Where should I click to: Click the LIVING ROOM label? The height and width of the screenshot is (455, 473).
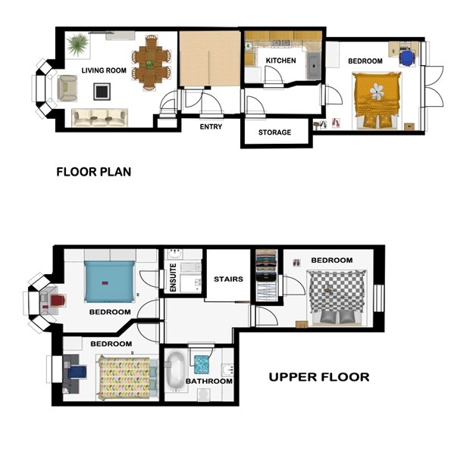(104, 70)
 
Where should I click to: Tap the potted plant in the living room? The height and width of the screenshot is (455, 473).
(78, 45)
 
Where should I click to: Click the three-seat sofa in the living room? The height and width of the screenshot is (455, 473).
(100, 118)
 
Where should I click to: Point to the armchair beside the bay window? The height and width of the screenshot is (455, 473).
(67, 88)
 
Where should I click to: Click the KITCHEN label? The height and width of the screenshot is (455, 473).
(280, 61)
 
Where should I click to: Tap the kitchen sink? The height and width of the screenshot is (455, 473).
(315, 66)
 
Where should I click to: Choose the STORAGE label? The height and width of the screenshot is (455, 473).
(275, 132)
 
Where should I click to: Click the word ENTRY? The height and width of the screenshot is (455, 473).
(211, 127)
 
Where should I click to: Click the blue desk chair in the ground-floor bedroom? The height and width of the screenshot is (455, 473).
(407, 58)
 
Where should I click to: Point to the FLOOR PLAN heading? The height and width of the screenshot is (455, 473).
(94, 172)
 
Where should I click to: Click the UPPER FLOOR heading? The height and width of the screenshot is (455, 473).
(319, 377)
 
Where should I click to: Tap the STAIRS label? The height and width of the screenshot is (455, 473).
(228, 279)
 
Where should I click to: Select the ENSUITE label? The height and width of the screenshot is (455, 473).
(173, 278)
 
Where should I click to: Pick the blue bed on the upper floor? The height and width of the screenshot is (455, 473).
(109, 282)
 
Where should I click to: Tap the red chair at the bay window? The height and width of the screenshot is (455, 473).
(58, 301)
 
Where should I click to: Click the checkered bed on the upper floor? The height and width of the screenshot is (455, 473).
(337, 298)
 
